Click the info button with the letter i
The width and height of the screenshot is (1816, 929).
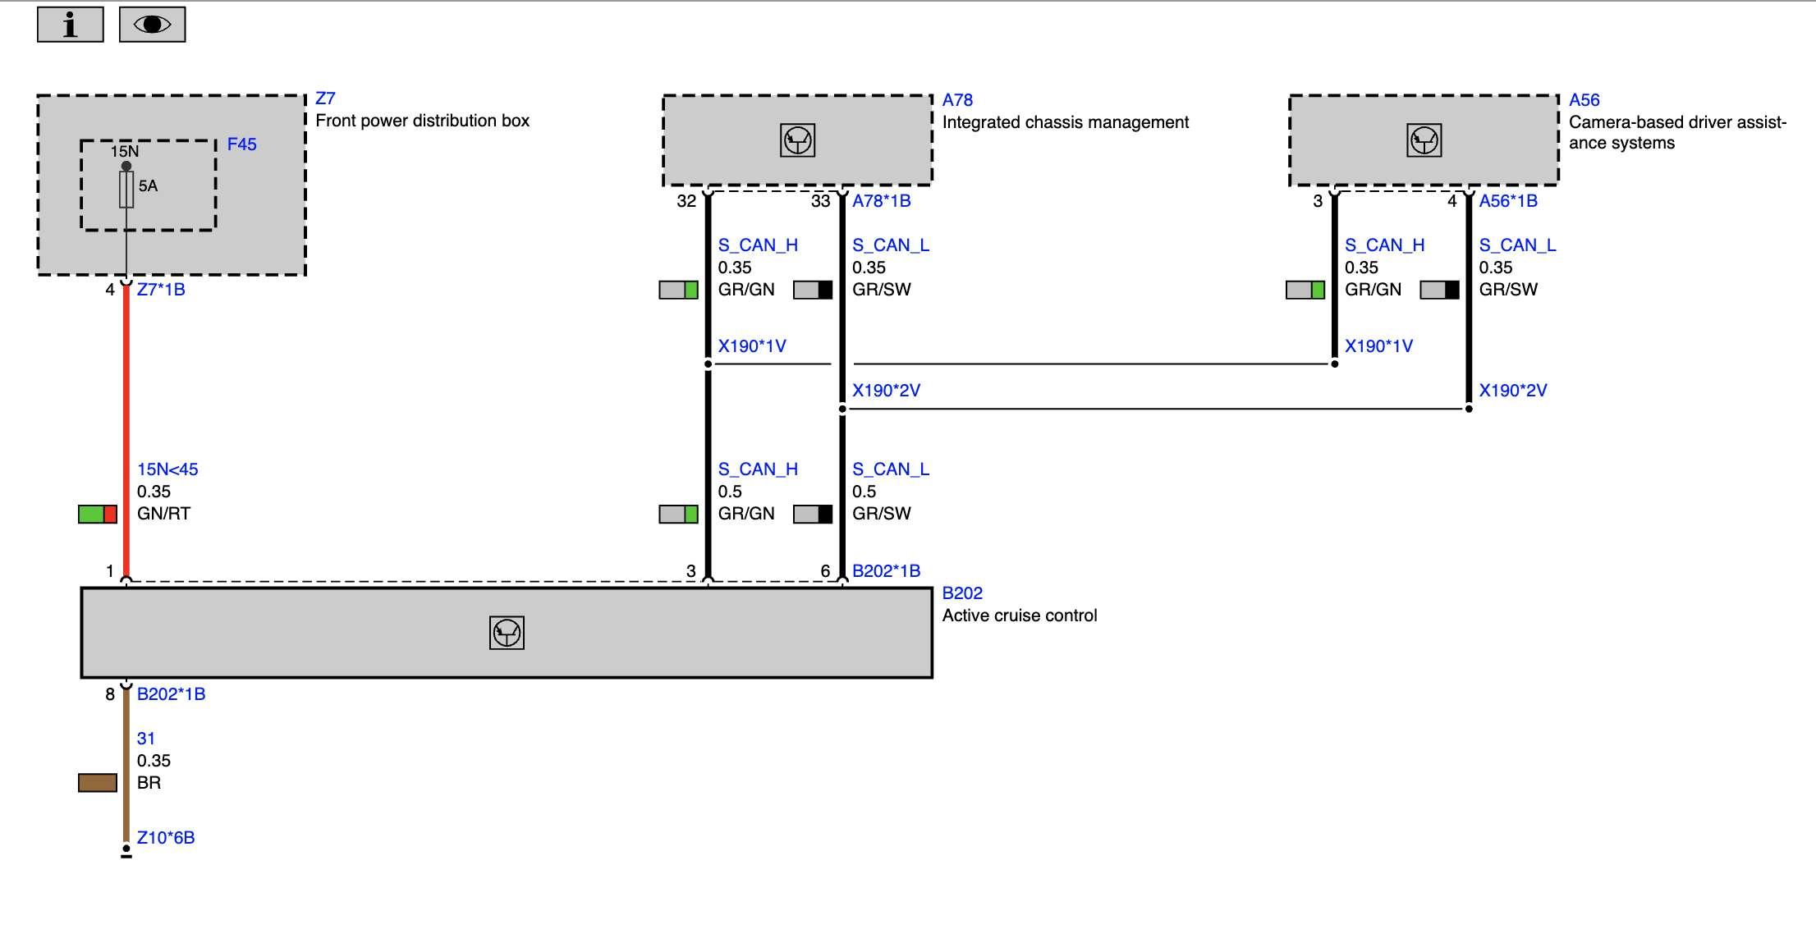point(71,25)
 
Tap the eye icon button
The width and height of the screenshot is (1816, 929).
point(153,25)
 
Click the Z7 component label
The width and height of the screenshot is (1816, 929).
point(326,98)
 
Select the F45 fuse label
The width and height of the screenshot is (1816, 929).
point(242,144)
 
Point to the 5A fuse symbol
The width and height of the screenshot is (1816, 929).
point(126,189)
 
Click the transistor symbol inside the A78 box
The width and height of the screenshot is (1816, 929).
point(797,140)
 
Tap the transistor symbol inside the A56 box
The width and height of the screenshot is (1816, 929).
point(1424,140)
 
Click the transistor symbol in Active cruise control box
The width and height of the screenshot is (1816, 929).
point(507,633)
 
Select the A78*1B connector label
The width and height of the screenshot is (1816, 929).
point(882,201)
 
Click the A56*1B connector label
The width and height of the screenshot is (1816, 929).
point(1508,201)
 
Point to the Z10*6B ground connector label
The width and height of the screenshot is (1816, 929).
point(166,838)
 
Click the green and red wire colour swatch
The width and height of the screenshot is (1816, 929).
point(98,515)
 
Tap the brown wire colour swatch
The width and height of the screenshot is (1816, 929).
point(98,783)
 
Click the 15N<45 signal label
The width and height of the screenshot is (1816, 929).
point(167,469)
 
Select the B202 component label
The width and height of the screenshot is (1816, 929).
point(962,593)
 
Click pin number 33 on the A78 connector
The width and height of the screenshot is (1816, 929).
point(821,201)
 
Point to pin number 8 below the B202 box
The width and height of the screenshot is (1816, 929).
point(110,694)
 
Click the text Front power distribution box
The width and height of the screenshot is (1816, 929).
point(423,121)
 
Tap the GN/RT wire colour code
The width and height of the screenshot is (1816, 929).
point(163,514)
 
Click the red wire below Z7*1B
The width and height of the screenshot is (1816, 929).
point(126,431)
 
